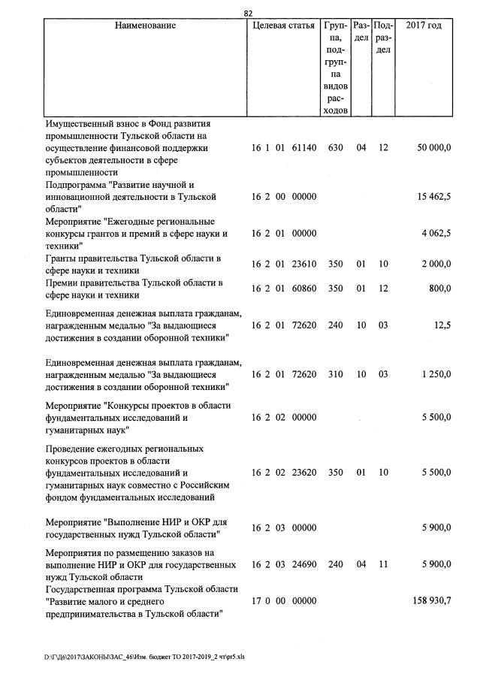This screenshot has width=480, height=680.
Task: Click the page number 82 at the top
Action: (x=248, y=13)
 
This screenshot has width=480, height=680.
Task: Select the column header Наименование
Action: (x=145, y=26)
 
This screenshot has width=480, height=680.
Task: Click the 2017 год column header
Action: (x=424, y=26)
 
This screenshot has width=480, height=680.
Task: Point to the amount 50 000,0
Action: (x=433, y=148)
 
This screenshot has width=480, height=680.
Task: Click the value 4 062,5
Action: (x=436, y=234)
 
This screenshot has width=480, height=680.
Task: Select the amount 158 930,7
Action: (x=431, y=601)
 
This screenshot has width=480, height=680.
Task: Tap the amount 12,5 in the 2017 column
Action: (x=441, y=325)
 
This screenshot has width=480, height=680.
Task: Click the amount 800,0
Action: (x=439, y=289)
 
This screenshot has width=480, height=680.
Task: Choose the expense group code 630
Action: (x=336, y=148)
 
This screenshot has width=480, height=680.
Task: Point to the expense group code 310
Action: (x=336, y=374)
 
